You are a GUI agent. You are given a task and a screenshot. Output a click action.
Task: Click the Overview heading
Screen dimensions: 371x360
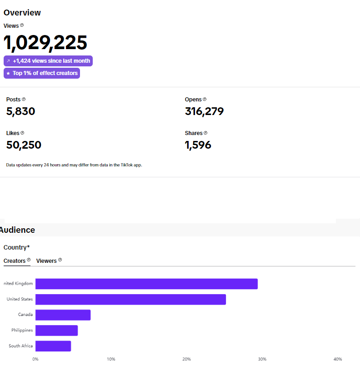click(x=22, y=13)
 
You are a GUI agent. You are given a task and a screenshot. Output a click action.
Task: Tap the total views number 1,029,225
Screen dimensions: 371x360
click(x=45, y=43)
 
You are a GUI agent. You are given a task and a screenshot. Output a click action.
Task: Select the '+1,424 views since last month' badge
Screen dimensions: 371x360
click(x=48, y=61)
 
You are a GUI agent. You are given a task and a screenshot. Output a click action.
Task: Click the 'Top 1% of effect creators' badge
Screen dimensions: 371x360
click(x=42, y=73)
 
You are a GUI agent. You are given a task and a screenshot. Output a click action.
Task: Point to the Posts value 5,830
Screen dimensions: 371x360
click(x=20, y=111)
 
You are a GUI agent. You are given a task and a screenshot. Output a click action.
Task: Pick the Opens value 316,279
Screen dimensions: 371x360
click(x=204, y=111)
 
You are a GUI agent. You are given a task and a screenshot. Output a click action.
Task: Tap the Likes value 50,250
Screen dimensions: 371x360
click(x=24, y=145)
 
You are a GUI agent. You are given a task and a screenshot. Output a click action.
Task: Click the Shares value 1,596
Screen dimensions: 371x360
click(x=198, y=145)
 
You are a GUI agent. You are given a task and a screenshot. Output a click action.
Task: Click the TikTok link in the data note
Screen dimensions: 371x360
click(x=126, y=165)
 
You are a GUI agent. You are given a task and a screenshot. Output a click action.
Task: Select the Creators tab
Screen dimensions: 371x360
click(x=15, y=261)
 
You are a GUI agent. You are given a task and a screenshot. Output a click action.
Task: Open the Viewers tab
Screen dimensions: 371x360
click(x=46, y=261)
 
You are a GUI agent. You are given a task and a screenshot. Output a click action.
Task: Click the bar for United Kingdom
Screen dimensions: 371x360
click(x=146, y=284)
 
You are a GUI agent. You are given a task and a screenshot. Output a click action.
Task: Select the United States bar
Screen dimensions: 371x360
click(x=130, y=299)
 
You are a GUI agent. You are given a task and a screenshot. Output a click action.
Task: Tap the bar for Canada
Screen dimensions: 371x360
click(x=63, y=315)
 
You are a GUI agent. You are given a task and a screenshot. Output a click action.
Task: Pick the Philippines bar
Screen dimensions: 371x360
click(x=56, y=331)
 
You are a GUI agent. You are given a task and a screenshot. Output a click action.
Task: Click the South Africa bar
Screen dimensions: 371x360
click(x=53, y=346)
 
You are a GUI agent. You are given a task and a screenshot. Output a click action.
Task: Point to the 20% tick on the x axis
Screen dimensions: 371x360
click(x=186, y=359)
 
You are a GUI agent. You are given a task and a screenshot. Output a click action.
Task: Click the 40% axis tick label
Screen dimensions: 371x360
click(x=338, y=359)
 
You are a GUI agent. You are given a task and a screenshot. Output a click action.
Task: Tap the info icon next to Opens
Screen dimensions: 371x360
click(x=205, y=99)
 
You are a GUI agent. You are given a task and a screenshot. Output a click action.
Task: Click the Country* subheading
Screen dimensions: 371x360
click(x=16, y=247)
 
